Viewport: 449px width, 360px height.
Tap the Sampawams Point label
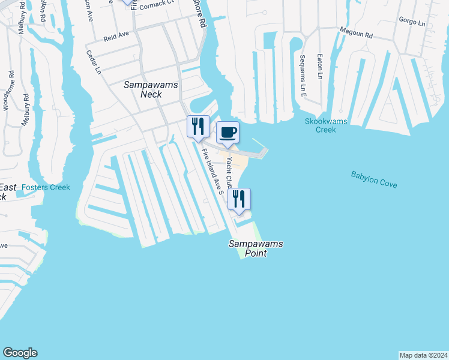point(255,248)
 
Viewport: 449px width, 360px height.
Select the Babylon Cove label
point(374,179)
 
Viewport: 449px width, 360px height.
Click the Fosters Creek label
point(46,187)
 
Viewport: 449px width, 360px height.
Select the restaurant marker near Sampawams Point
point(239,199)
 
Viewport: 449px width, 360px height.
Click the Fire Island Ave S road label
point(212,171)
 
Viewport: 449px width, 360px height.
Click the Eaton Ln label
point(320,67)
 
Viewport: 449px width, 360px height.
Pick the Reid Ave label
point(116,37)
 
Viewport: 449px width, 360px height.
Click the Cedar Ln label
point(94,62)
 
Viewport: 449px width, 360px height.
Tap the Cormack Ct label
point(157,3)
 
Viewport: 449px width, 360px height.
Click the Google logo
point(20,353)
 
